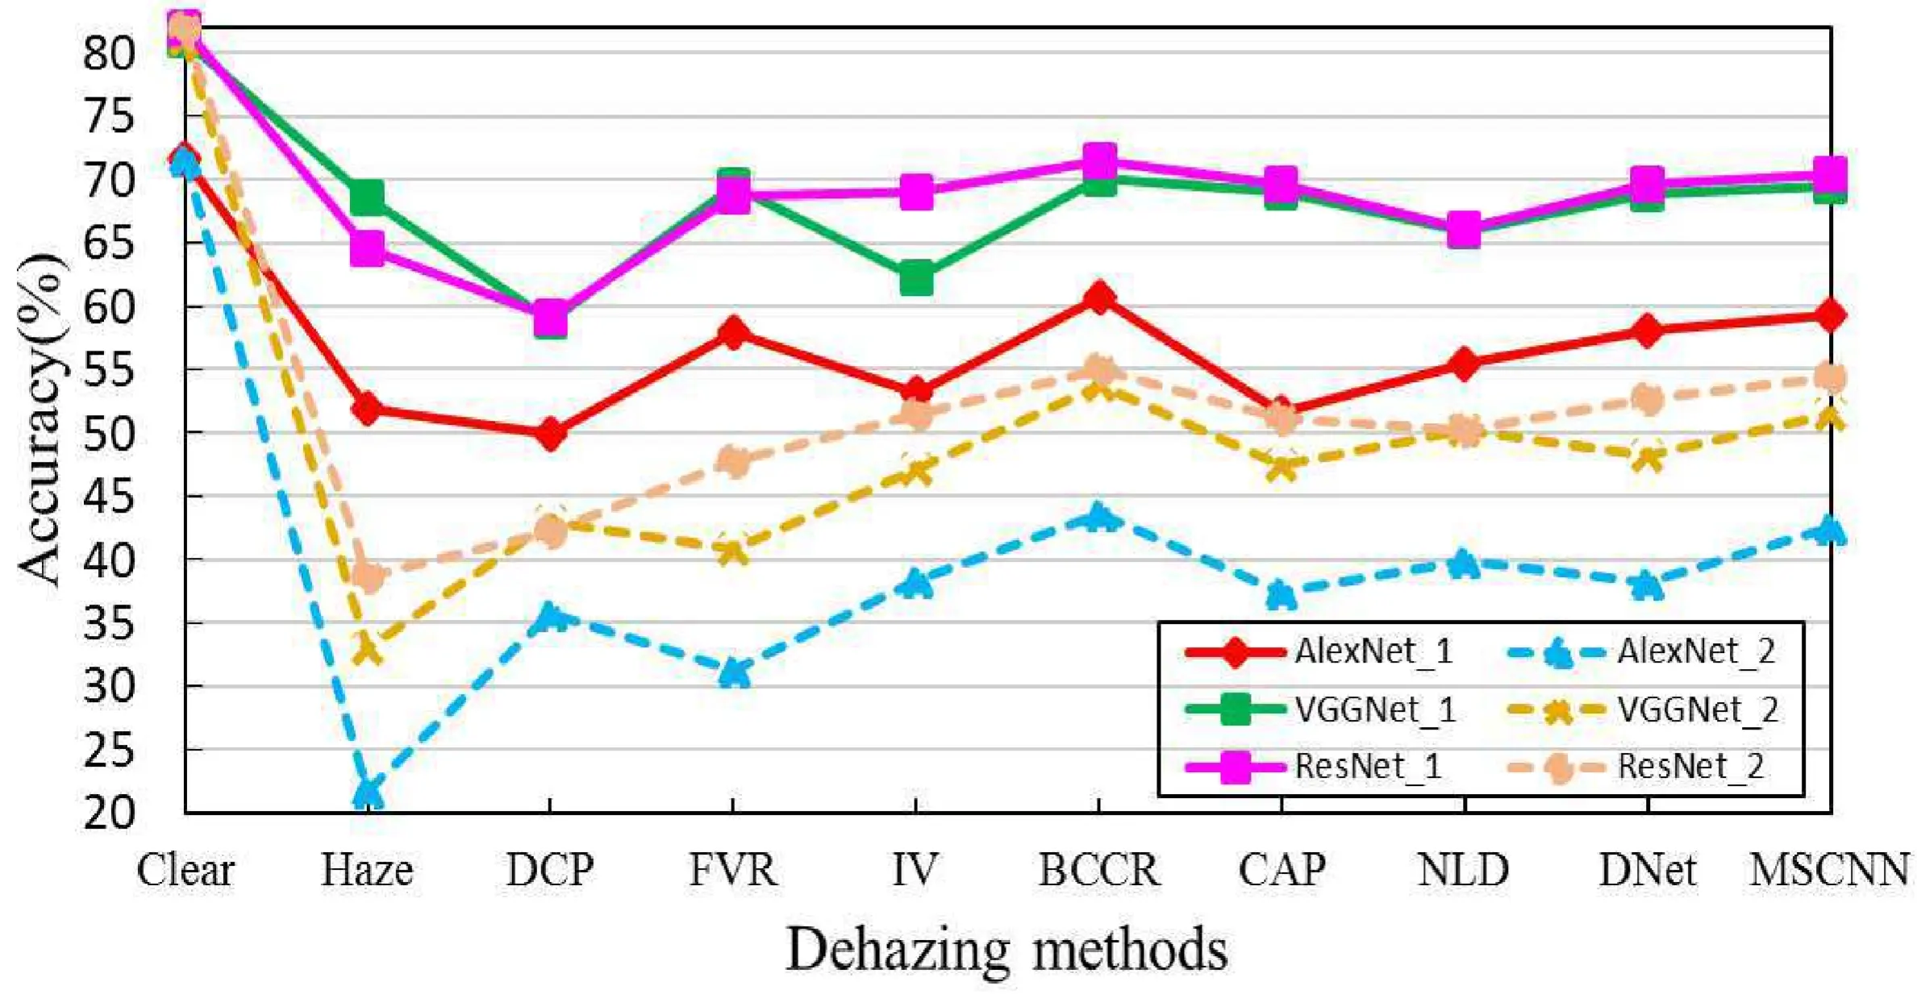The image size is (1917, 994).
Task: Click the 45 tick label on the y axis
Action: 108,497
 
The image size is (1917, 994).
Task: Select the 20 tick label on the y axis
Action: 108,813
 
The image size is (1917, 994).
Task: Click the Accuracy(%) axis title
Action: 40,419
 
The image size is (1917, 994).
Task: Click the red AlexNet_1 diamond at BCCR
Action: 1098,299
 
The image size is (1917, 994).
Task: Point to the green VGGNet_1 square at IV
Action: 916,278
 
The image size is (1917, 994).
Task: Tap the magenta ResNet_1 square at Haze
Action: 368,248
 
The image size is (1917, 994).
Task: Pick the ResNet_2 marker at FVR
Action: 733,462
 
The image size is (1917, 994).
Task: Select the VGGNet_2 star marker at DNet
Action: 1647,459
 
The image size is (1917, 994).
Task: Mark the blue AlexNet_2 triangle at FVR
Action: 733,672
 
